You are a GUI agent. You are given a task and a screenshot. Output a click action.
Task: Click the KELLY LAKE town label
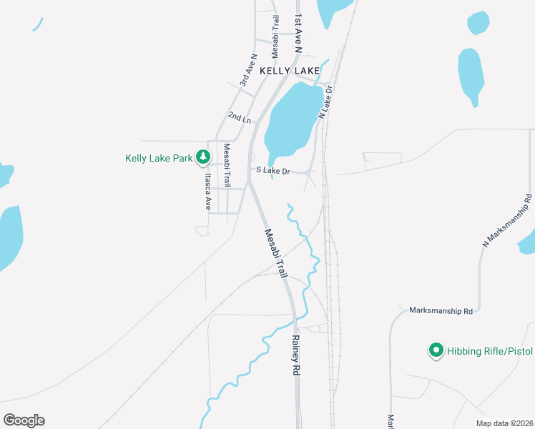coord(289,71)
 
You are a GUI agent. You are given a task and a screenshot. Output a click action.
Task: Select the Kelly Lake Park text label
coord(159,158)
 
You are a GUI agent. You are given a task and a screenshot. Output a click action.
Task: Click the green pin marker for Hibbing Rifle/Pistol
coord(435,350)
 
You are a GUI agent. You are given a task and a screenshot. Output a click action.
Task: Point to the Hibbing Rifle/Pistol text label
coord(491,351)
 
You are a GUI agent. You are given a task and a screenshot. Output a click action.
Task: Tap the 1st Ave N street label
coord(298,32)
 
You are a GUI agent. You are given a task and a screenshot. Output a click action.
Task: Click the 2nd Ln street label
coord(240,116)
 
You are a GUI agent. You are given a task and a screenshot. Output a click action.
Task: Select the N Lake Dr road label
coord(326,102)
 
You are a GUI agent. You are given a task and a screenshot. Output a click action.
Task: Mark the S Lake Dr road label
coord(273,171)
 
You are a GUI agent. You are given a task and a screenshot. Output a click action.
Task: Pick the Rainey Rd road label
coord(294,356)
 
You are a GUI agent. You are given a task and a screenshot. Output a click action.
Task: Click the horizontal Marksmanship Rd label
coord(441,311)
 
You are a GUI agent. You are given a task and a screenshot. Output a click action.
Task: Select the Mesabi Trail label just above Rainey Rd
coord(275,253)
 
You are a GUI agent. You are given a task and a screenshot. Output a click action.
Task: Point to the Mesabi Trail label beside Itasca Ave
coord(227,166)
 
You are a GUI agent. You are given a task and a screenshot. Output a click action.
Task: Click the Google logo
coord(24,420)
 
